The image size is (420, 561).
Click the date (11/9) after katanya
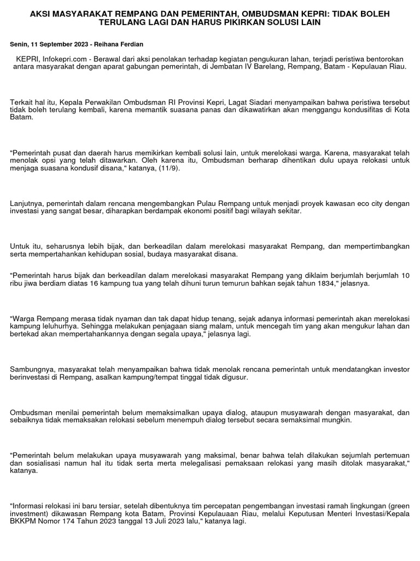(168, 169)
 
